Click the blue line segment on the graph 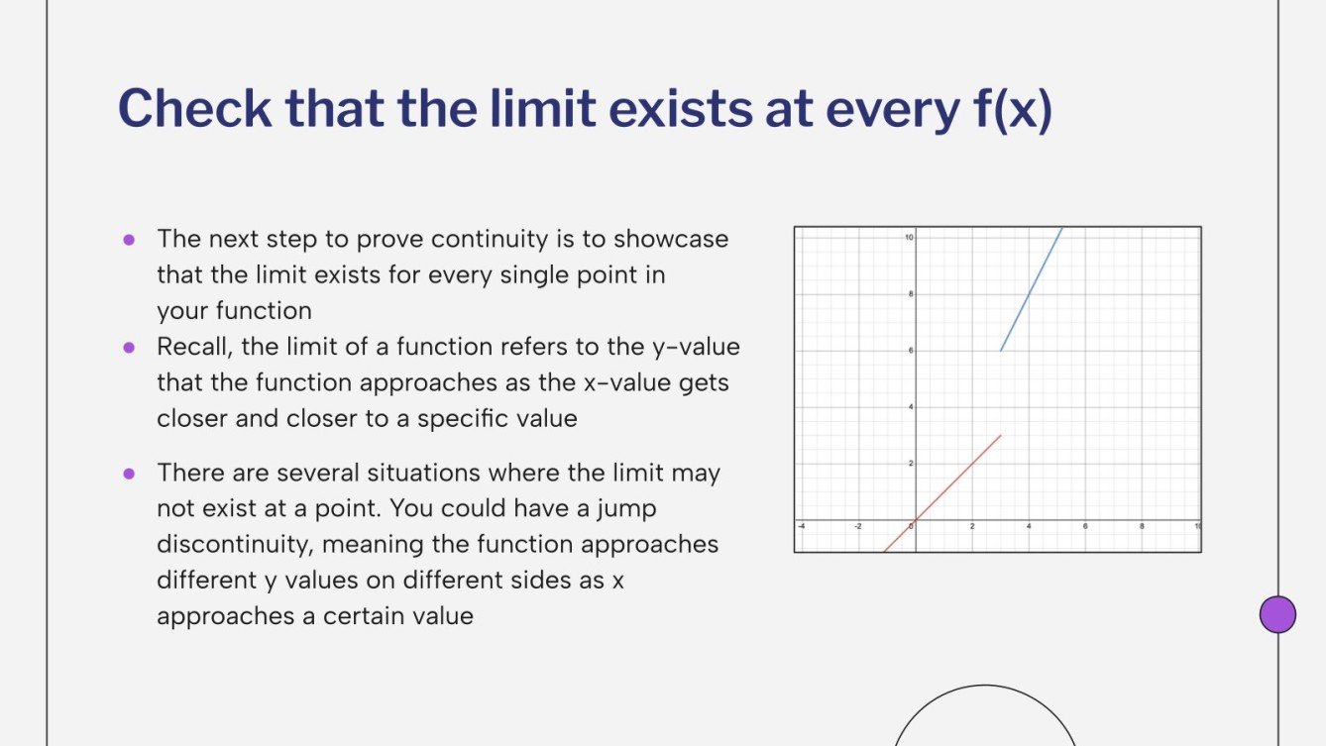(x=1031, y=289)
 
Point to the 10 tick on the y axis (x=908, y=238)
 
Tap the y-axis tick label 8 (x=910, y=294)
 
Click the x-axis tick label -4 (x=802, y=526)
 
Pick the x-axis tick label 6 (x=1085, y=526)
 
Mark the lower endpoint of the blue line (x=1001, y=351)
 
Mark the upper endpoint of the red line (x=1001, y=435)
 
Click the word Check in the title (x=193, y=109)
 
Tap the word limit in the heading (x=535, y=109)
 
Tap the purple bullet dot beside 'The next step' (x=128, y=239)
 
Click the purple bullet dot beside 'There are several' (x=128, y=473)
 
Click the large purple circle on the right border (x=1277, y=614)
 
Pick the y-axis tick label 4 (x=910, y=407)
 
